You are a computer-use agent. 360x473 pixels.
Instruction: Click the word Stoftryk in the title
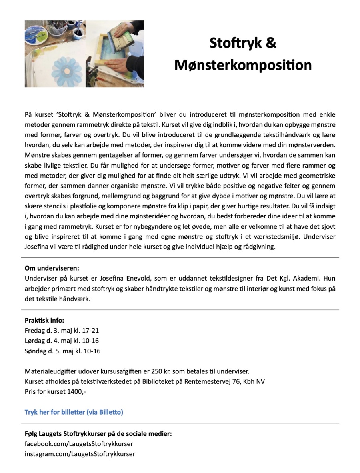(232, 43)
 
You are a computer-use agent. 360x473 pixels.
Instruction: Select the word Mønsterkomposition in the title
(243, 65)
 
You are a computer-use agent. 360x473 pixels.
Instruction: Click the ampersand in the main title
(271, 43)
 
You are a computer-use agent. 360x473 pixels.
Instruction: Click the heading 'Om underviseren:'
(52, 268)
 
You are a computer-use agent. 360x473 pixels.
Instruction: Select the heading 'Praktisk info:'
(44, 320)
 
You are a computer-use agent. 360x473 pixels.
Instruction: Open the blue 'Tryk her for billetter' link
(74, 412)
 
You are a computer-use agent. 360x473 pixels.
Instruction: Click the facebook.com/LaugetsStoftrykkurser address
(79, 444)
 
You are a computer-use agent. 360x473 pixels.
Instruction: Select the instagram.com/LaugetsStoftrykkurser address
(80, 454)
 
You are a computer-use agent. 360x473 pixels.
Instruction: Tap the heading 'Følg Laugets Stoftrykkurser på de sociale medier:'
(98, 434)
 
